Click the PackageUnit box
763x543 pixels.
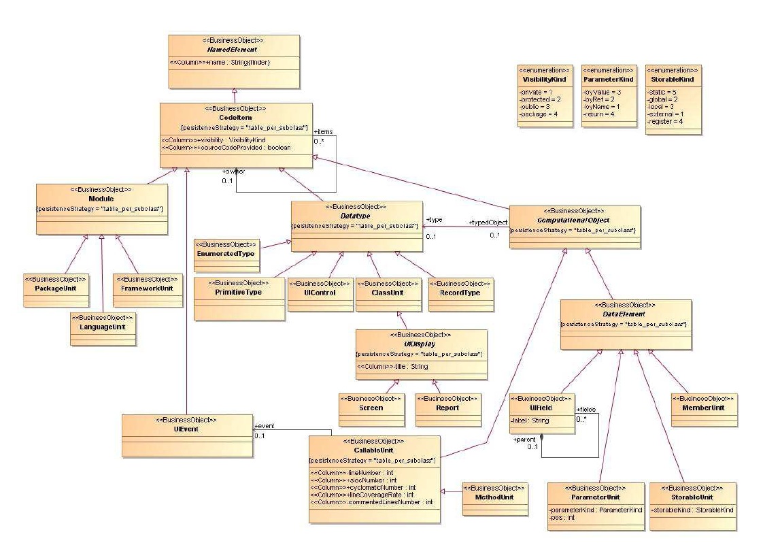click(56, 288)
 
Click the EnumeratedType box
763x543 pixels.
click(226, 253)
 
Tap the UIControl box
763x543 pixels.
click(320, 292)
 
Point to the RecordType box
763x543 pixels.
click(460, 292)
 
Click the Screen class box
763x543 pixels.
click(371, 408)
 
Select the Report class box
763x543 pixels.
click(447, 408)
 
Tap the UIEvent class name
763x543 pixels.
click(186, 429)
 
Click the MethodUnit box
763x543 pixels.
click(494, 497)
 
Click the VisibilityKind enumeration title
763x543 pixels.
click(543, 80)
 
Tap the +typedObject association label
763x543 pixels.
click(488, 223)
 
